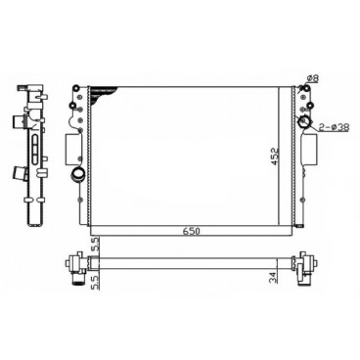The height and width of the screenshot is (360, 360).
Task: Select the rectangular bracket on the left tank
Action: [x=70, y=147]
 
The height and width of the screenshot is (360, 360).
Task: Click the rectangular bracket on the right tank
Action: [x=313, y=150]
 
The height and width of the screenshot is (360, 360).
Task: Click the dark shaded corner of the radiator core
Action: [x=96, y=94]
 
